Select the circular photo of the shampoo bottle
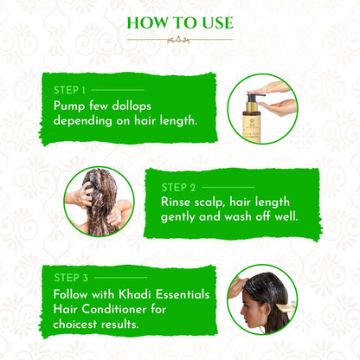pos(263,109)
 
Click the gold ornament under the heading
pos(180,39)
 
